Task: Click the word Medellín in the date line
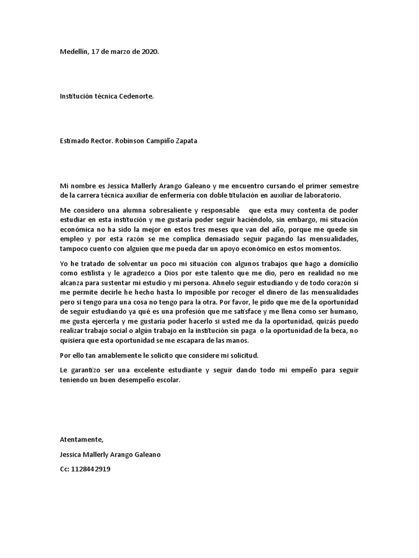coord(73,52)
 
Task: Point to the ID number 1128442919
coord(90,469)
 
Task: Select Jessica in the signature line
coord(71,454)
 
